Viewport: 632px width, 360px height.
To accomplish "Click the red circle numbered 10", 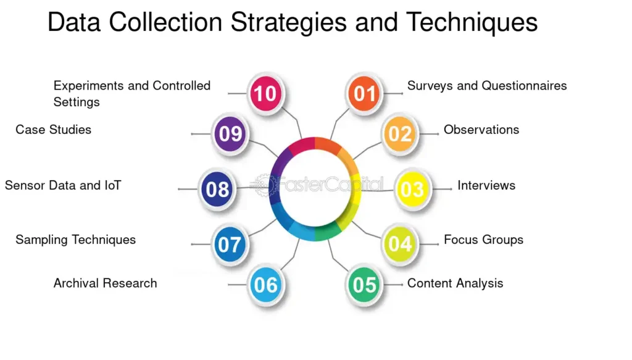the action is [x=265, y=93].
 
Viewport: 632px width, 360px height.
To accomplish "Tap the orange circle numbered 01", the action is [x=364, y=93].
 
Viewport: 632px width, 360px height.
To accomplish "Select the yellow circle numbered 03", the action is [x=412, y=189].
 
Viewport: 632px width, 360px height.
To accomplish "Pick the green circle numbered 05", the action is [x=364, y=285].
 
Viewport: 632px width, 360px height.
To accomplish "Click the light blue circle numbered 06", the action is [x=265, y=285].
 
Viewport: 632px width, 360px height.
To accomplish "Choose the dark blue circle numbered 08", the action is [x=218, y=189].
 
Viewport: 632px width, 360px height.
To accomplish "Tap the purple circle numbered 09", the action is [x=230, y=134].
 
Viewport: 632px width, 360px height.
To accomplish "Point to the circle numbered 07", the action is [x=230, y=245].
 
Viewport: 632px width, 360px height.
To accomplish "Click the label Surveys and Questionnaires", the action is [x=487, y=86].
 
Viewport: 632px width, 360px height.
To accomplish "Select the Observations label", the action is [x=481, y=130].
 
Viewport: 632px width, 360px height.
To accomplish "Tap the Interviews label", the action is [x=486, y=185].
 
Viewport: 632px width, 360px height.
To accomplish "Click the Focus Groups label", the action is [x=483, y=240].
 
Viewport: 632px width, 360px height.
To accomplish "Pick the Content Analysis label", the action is [x=455, y=283].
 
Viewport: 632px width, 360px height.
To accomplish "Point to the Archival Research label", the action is [x=105, y=283].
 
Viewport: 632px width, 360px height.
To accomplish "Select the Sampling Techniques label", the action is [x=76, y=240].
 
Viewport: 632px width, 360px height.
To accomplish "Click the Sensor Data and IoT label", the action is [x=63, y=185].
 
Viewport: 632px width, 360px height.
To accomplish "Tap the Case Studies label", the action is [x=54, y=130].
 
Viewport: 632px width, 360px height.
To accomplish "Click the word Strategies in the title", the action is [x=288, y=23].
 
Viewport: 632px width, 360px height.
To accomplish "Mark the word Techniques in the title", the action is [x=472, y=23].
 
